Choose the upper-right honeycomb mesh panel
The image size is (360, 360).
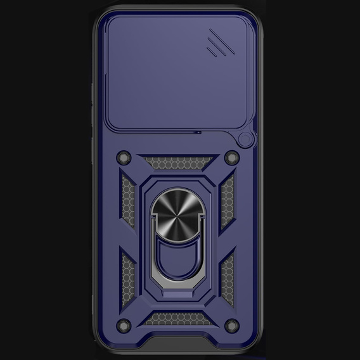[x=228, y=196]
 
